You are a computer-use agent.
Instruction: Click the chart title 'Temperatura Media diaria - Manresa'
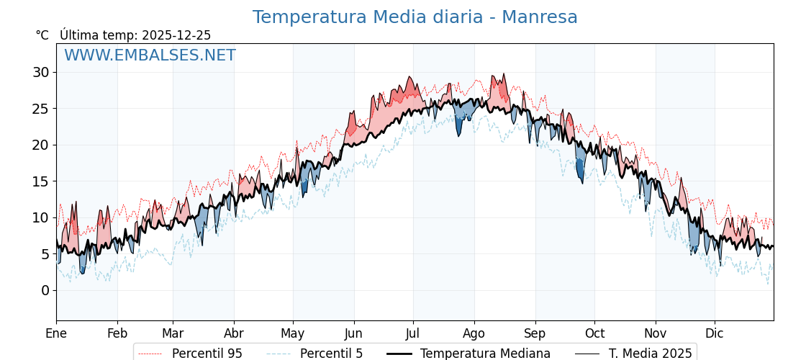(x=415, y=17)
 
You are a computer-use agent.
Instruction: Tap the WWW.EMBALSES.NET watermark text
(x=150, y=55)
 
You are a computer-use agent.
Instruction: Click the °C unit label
(x=42, y=35)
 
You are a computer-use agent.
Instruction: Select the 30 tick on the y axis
(x=40, y=72)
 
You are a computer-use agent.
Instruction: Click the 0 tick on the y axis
(x=45, y=290)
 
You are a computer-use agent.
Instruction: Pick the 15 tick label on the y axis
(x=40, y=181)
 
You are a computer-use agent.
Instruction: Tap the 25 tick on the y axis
(x=40, y=109)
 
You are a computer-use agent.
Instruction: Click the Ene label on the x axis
(x=56, y=334)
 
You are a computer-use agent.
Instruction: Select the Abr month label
(x=234, y=334)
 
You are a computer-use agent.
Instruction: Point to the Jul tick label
(x=413, y=334)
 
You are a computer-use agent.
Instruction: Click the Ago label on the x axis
(x=474, y=334)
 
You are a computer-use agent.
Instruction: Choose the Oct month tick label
(x=594, y=334)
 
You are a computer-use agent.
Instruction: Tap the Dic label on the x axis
(x=715, y=334)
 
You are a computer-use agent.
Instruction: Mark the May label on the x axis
(x=293, y=334)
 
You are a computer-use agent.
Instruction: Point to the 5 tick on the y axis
(x=45, y=254)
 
